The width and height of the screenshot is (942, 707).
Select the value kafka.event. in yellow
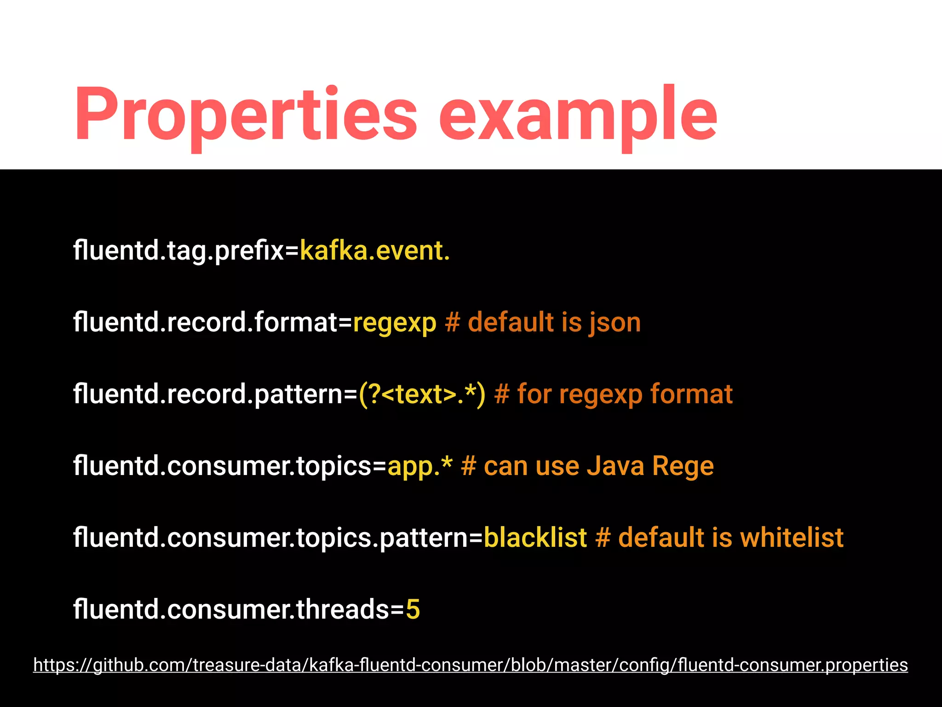pyautogui.click(x=374, y=251)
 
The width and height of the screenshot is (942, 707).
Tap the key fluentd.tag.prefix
pyautogui.click(x=178, y=251)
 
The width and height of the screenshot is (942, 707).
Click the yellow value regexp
pyautogui.click(x=394, y=323)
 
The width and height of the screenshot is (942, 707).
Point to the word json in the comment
pyautogui.click(x=615, y=323)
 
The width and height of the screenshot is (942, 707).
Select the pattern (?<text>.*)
pyautogui.click(x=422, y=394)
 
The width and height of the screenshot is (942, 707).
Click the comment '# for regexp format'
pyautogui.click(x=613, y=394)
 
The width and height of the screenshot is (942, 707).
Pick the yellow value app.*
pyautogui.click(x=419, y=466)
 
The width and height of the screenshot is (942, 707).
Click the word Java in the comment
pyautogui.click(x=615, y=466)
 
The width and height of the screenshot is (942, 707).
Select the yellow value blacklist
pyautogui.click(x=535, y=538)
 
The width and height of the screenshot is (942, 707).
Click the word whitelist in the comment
pyautogui.click(x=792, y=538)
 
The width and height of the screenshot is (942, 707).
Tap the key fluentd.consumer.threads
pyautogui.click(x=231, y=609)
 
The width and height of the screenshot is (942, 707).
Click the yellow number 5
pyautogui.click(x=413, y=609)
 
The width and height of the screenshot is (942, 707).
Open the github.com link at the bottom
pyautogui.click(x=470, y=665)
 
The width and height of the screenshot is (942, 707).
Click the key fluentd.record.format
pyautogui.click(x=206, y=323)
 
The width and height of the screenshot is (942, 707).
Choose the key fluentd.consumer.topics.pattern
pyautogui.click(x=271, y=538)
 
